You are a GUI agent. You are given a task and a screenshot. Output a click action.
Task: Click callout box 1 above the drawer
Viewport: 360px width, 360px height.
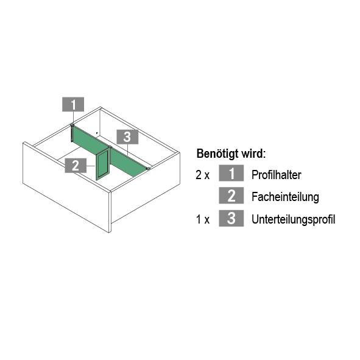[x=73, y=104]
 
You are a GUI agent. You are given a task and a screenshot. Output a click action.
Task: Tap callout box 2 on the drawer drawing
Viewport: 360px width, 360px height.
[x=76, y=165]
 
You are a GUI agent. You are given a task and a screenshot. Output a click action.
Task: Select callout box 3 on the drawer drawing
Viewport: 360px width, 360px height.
[x=127, y=137]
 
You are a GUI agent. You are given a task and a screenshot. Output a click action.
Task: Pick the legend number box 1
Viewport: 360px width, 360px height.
[x=231, y=173]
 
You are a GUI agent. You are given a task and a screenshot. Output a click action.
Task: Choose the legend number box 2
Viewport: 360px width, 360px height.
[x=231, y=196]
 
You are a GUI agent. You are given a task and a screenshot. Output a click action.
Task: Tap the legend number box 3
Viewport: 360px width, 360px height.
[x=231, y=218]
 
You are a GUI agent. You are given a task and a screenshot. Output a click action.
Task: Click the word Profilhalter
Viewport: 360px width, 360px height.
[x=276, y=175]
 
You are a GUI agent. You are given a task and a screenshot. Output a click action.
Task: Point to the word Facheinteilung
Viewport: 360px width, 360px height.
[x=285, y=197]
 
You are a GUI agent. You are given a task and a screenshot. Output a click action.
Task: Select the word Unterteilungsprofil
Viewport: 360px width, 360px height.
[x=293, y=219]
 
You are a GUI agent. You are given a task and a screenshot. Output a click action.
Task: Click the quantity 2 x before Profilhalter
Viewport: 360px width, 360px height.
[x=202, y=175]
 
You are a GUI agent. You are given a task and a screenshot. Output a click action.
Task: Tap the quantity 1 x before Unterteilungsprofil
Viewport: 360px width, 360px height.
[x=203, y=219]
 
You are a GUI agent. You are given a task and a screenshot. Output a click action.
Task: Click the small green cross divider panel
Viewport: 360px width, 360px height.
[x=102, y=164]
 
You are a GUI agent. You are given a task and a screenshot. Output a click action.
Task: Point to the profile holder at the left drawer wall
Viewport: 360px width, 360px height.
[x=72, y=133]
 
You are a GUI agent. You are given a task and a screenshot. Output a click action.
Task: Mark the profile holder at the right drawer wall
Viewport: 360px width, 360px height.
[x=148, y=169]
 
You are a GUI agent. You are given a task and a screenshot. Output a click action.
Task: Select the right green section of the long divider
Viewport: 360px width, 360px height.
[x=129, y=162]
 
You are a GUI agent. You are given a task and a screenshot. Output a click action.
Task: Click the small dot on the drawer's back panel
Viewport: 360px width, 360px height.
[x=97, y=133]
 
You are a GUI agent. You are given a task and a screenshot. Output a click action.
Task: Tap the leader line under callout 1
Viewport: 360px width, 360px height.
[x=73, y=118]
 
